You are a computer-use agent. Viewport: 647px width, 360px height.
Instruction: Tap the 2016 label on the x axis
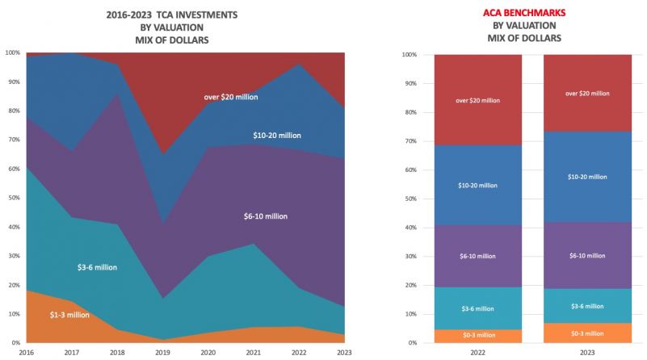tap(27, 352)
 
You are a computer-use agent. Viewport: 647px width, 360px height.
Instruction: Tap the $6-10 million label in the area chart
tap(265, 216)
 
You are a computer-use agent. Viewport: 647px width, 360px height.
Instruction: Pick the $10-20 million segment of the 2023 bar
tap(586, 175)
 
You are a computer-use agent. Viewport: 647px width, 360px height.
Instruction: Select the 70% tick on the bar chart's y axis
tap(410, 141)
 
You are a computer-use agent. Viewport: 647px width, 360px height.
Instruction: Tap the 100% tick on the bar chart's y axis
tap(409, 55)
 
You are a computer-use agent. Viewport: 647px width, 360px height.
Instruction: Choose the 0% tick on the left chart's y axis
tap(15, 343)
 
